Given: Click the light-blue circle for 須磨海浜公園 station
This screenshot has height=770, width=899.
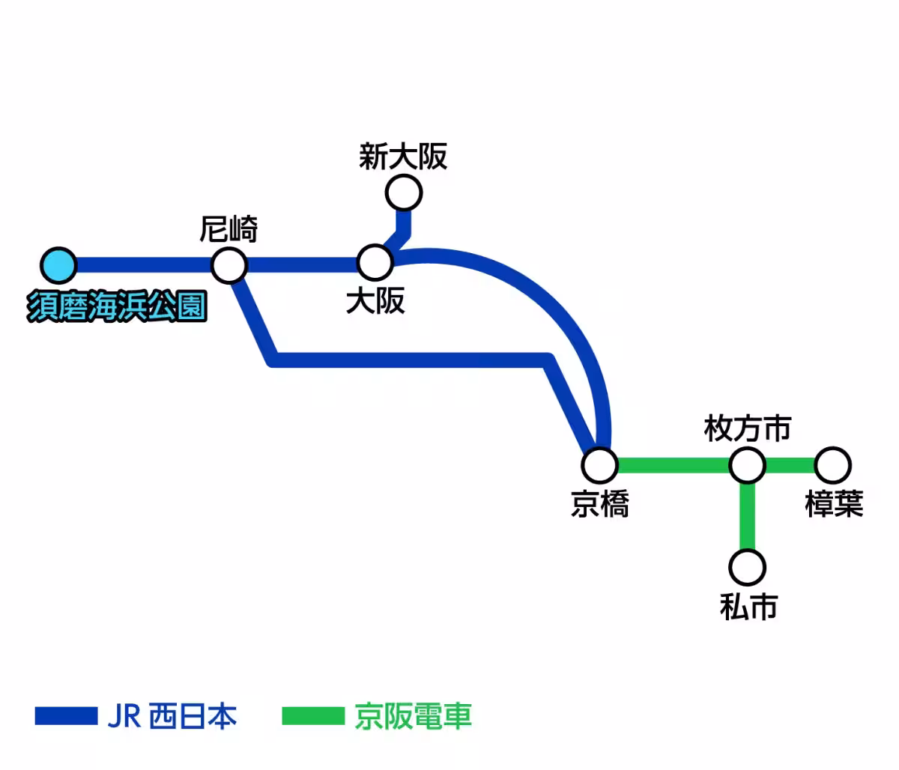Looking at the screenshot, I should point(58,265).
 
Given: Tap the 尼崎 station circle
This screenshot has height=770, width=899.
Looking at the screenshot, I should point(229,265).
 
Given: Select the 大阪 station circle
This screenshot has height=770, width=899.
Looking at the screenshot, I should point(375,262).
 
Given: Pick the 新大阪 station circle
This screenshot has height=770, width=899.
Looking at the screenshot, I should point(404,193).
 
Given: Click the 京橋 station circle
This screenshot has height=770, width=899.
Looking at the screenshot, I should point(600,465).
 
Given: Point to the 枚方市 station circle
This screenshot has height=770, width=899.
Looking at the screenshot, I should point(747,465).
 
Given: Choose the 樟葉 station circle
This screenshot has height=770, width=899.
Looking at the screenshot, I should point(832,465).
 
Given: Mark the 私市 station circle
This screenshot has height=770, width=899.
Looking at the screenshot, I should point(747,568).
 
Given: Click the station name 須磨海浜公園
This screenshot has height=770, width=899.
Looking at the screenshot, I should point(117,307).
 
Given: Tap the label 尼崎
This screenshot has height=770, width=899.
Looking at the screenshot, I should point(228,229).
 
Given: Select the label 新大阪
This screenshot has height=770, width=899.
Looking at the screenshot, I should point(403,157).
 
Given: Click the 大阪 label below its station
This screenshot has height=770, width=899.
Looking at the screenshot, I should point(375,301).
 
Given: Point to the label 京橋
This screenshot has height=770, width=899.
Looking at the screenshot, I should point(600,504).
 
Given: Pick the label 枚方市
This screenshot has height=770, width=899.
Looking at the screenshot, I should point(747,429).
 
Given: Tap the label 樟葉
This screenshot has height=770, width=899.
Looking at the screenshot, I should point(834,504).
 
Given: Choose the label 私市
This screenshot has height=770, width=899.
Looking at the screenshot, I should point(748,606).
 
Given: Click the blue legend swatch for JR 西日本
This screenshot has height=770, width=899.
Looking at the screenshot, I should point(66,716).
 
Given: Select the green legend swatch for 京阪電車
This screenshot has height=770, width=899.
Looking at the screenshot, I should point(312,716).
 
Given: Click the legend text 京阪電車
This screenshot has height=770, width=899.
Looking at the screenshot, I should point(413,716).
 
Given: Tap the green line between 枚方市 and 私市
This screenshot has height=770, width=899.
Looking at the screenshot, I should point(747,517).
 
